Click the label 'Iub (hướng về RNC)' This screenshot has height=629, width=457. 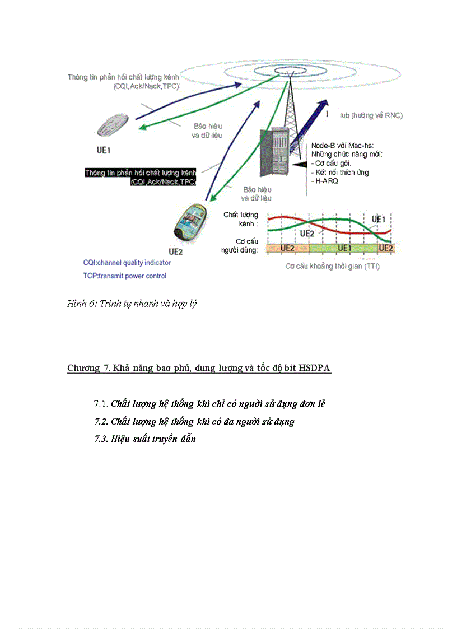pos(371,115)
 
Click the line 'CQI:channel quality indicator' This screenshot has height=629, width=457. pos(127,262)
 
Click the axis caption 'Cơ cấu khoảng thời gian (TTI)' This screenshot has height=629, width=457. pos(332,266)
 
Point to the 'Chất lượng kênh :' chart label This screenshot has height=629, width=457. pos(240,219)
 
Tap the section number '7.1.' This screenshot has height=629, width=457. pos(101,403)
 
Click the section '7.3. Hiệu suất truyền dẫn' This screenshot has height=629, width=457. pos(145,439)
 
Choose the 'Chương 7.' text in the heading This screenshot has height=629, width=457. pos(88,368)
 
